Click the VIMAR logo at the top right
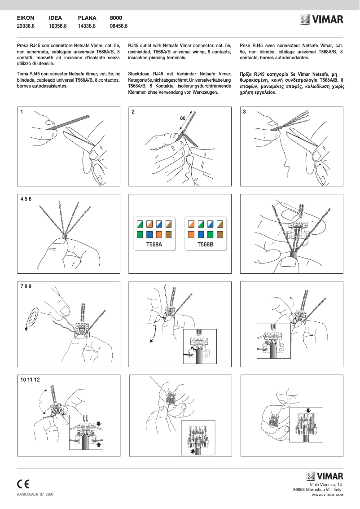[321, 19]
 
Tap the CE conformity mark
[23, 484]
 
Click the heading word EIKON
[25, 18]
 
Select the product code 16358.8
[57, 26]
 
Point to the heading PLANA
[87, 18]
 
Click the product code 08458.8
[119, 26]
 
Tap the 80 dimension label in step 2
[183, 118]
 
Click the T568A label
[154, 245]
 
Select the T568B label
[206, 245]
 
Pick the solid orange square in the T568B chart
[190, 234]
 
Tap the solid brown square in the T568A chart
[170, 234]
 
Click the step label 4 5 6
[26, 198]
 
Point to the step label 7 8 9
[26, 286]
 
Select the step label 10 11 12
[30, 380]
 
